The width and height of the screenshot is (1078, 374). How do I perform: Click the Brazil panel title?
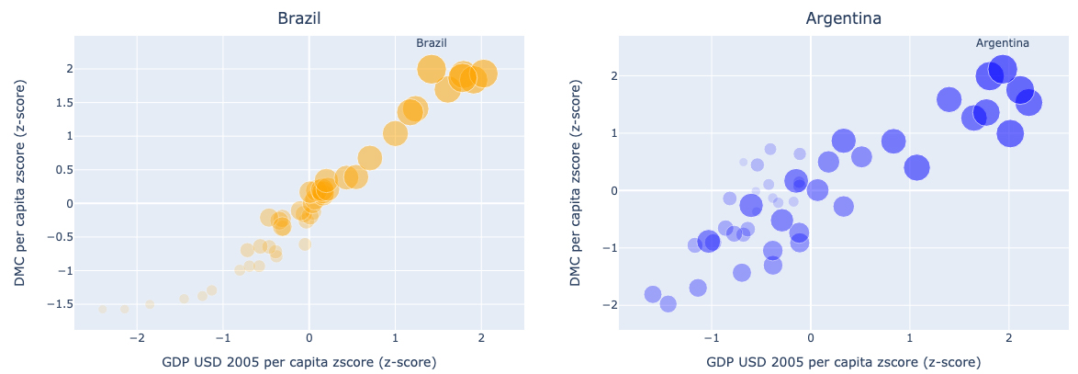tap(298, 18)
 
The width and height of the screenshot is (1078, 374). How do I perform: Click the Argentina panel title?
tap(843, 18)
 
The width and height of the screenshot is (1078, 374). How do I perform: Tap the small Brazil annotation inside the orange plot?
tap(432, 43)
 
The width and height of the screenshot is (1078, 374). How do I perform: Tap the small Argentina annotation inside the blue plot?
tap(1002, 43)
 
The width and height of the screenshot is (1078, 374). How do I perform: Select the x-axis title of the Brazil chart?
tap(298, 362)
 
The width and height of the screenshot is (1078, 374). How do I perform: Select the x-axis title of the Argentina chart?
tap(843, 362)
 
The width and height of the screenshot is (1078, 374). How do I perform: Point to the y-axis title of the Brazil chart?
tap(20, 182)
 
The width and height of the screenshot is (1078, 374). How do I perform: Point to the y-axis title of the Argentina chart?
tap(576, 182)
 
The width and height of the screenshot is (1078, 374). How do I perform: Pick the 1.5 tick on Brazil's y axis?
tap(56, 102)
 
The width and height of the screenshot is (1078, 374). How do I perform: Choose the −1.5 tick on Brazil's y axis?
tap(53, 304)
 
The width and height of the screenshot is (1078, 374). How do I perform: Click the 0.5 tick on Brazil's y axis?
tap(56, 170)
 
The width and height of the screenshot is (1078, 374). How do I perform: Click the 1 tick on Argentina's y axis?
tap(608, 133)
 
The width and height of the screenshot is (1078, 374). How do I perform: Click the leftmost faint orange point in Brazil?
tap(103, 309)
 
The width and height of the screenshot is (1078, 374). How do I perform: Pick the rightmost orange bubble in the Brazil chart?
tap(483, 74)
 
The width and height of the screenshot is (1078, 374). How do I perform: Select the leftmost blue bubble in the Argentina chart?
tap(653, 294)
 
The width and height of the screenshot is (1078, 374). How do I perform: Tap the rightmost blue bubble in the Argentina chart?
tap(1028, 103)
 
